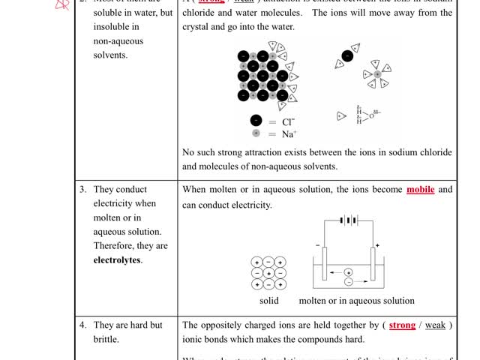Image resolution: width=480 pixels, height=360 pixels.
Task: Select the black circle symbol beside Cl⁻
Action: click(x=256, y=121)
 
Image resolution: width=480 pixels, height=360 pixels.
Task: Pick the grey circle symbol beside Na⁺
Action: click(x=256, y=133)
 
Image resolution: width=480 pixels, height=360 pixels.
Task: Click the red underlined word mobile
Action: click(x=421, y=190)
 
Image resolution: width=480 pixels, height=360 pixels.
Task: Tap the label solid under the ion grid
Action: click(x=268, y=301)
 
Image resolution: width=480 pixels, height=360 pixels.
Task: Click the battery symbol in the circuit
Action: click(x=347, y=220)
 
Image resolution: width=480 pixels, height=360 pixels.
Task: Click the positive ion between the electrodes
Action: click(x=348, y=271)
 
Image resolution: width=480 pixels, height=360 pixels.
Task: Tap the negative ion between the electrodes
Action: click(x=348, y=282)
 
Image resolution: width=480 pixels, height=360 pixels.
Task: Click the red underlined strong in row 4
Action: click(x=403, y=325)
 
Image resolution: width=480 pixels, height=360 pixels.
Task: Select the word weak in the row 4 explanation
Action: click(x=436, y=325)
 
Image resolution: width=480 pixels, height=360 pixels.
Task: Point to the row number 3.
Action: click(x=83, y=189)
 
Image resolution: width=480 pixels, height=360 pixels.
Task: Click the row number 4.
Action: click(x=83, y=325)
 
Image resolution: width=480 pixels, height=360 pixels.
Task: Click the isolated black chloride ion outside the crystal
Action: click(x=347, y=55)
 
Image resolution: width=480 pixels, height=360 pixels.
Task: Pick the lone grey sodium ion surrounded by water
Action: click(x=376, y=74)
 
